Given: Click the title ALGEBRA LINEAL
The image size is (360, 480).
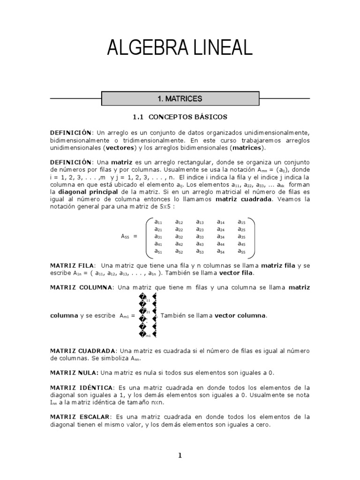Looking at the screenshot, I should tap(180, 48).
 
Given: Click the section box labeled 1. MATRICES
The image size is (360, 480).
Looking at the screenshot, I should tap(180, 99).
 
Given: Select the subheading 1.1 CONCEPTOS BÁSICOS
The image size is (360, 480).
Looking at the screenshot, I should tap(180, 116).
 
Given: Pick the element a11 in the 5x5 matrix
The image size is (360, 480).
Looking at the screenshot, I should tap(158, 222).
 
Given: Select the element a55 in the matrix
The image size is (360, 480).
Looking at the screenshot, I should tap(241, 252).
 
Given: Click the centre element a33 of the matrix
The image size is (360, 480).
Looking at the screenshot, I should tap(200, 237).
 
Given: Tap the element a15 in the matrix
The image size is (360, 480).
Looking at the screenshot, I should tap(241, 222).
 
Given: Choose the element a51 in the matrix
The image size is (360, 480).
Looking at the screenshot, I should tap(158, 252).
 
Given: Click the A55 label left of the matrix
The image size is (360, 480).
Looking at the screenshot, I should tap(125, 237).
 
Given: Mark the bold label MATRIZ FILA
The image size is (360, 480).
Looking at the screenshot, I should tap(72, 265).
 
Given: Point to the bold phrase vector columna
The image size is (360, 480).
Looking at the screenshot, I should tap(240, 315).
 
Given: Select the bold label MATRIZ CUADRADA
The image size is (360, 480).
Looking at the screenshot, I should tap(83, 351).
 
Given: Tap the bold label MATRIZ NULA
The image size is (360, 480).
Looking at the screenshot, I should tap(74, 372).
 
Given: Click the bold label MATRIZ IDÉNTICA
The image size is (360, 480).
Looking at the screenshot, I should tap(82, 388).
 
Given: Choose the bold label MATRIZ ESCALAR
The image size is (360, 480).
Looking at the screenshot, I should tap(80, 417).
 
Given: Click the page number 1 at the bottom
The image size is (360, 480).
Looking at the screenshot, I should tap(180, 455).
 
